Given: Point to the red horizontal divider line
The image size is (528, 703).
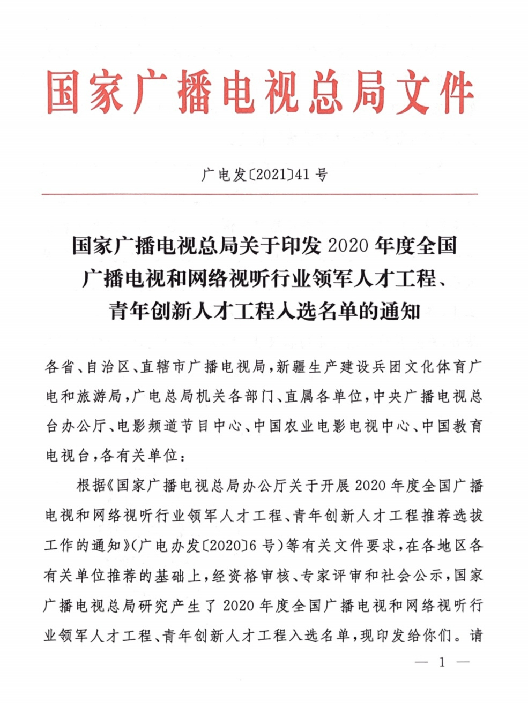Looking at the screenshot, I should [259, 194].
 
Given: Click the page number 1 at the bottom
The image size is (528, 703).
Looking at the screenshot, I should [442, 662].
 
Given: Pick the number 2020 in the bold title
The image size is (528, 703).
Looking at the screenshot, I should [347, 246].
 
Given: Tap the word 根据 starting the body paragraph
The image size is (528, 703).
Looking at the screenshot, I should [91, 485].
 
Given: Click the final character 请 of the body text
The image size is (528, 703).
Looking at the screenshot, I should [476, 636].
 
